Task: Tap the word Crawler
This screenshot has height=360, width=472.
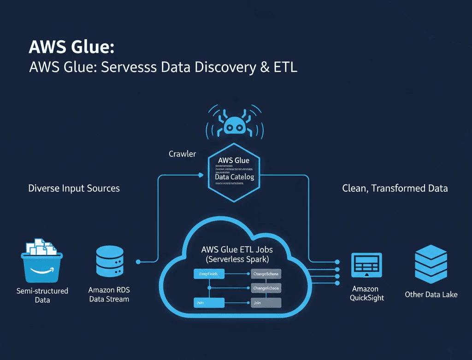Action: (183, 154)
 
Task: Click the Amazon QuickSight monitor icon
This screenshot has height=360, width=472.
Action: (366, 265)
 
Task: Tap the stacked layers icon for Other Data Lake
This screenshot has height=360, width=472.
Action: (431, 264)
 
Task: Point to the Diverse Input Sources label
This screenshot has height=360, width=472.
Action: (74, 188)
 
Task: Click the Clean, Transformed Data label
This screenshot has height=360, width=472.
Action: (395, 188)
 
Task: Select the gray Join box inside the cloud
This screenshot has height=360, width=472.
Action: (266, 303)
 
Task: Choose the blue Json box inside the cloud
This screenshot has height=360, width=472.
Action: (208, 303)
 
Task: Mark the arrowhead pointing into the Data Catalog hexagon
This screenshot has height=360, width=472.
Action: (200, 175)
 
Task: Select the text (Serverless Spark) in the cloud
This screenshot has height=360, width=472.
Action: (237, 260)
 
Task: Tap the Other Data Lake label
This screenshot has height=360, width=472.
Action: (431, 294)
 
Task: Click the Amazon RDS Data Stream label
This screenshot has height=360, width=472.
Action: (108, 294)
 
